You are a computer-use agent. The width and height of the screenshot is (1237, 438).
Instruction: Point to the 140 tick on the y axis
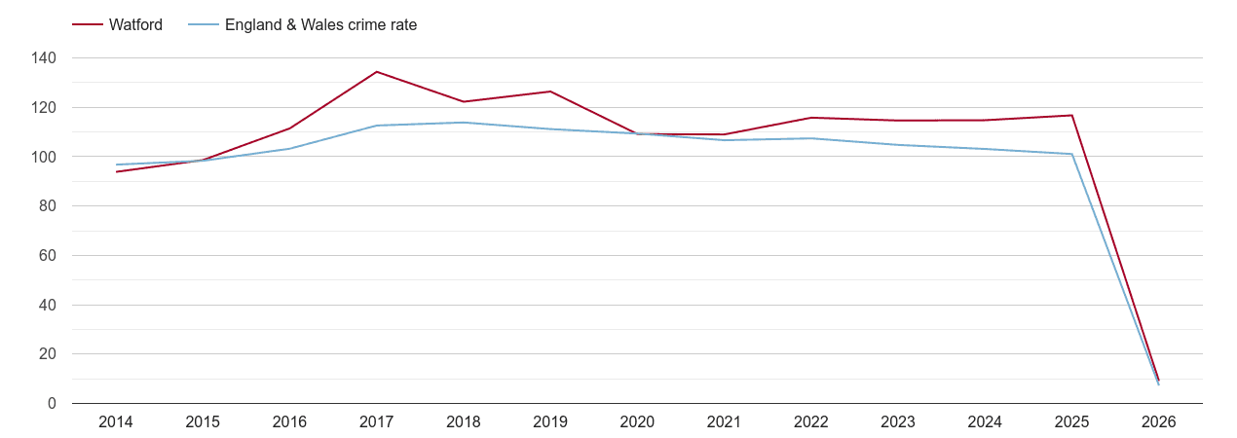[x=44, y=58]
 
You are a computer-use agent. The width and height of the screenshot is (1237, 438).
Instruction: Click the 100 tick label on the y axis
[x=44, y=157]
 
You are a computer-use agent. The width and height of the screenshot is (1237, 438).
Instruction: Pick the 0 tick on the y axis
[x=52, y=404]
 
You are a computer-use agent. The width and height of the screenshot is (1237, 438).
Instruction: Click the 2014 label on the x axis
[x=116, y=422]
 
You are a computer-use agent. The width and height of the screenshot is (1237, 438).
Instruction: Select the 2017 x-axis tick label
[x=377, y=422]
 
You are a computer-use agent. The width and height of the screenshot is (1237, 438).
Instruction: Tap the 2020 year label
[x=637, y=422]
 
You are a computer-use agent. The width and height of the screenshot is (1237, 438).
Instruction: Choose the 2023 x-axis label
[x=898, y=422]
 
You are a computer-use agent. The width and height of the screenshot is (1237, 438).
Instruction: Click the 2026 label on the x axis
[x=1159, y=422]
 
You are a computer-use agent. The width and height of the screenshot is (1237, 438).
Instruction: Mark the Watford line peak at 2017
[x=377, y=72]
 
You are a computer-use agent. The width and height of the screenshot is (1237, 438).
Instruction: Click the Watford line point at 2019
[x=550, y=91]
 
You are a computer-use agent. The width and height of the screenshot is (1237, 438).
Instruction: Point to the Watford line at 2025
[x=1071, y=116]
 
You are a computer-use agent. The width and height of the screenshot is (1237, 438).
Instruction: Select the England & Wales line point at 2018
[x=464, y=123]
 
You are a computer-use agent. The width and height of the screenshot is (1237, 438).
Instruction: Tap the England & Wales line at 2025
[x=1071, y=154]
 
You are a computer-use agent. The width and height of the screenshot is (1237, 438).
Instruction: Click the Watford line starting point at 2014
[x=116, y=171]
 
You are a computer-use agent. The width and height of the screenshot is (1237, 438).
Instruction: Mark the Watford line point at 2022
[x=811, y=118]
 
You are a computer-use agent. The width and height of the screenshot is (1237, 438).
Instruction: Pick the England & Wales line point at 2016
[x=290, y=148]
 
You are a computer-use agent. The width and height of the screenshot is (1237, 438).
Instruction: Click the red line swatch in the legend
[x=88, y=25]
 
